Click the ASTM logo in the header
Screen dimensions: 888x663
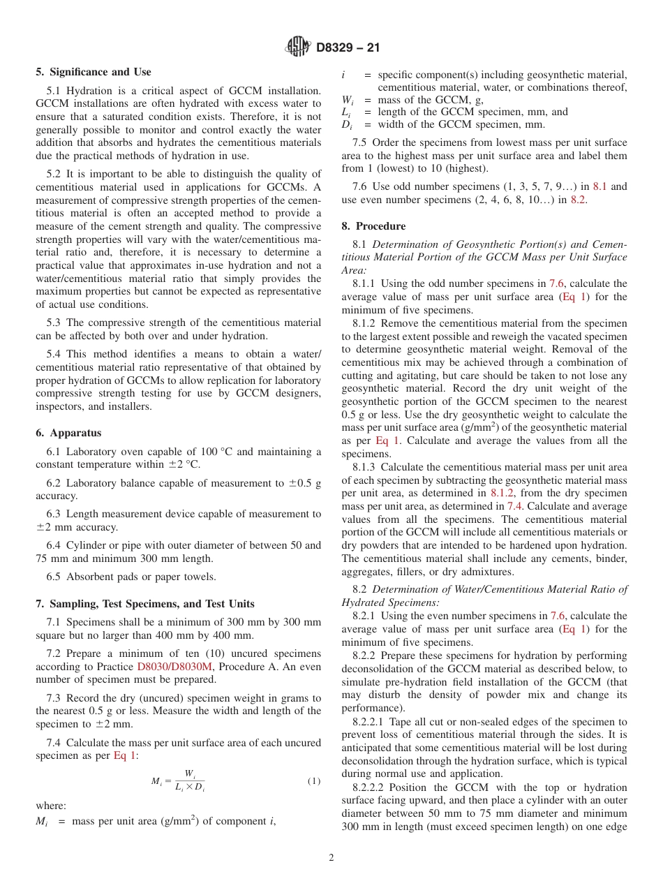[299, 47]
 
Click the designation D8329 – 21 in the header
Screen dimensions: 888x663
[348, 47]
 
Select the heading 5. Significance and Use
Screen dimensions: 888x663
[94, 72]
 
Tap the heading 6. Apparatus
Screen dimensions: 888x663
[68, 433]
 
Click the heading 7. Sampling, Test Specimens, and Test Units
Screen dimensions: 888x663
[145, 604]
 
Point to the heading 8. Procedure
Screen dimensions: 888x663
[373, 226]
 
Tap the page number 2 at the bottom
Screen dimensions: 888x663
[331, 858]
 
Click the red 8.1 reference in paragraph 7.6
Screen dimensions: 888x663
[599, 187]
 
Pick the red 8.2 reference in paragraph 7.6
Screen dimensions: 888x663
[577, 200]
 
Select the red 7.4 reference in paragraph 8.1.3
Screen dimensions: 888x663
[515, 506]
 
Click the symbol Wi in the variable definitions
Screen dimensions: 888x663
[348, 99]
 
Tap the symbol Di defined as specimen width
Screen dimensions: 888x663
[347, 124]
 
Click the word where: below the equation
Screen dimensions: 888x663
[50, 805]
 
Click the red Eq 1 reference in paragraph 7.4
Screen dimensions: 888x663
[124, 755]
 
